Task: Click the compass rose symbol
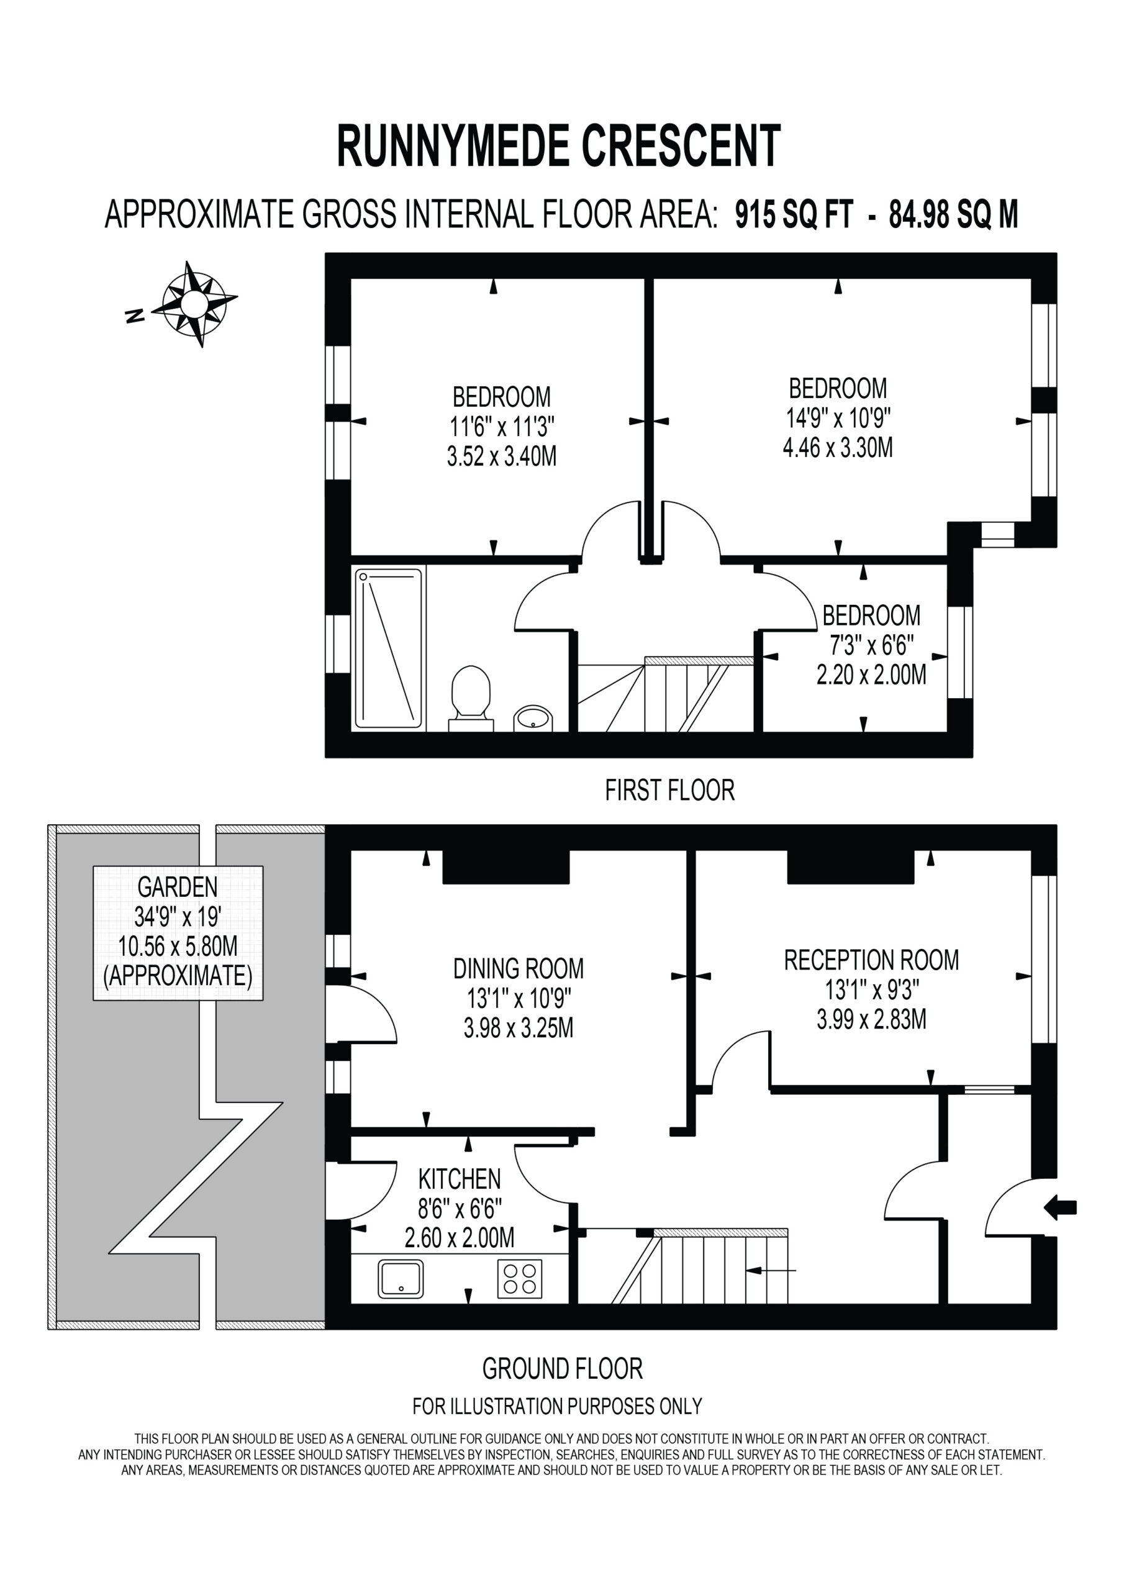coord(195,303)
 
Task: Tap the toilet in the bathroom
coord(471,699)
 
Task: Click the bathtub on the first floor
coord(389,648)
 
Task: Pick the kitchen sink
coord(401,1279)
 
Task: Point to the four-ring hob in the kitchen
coord(520,1279)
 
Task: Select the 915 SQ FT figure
coord(794,215)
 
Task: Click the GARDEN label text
coord(178,887)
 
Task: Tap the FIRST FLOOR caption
coord(669,790)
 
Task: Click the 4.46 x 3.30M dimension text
coord(838,448)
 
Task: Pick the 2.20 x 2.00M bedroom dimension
coord(871,675)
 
